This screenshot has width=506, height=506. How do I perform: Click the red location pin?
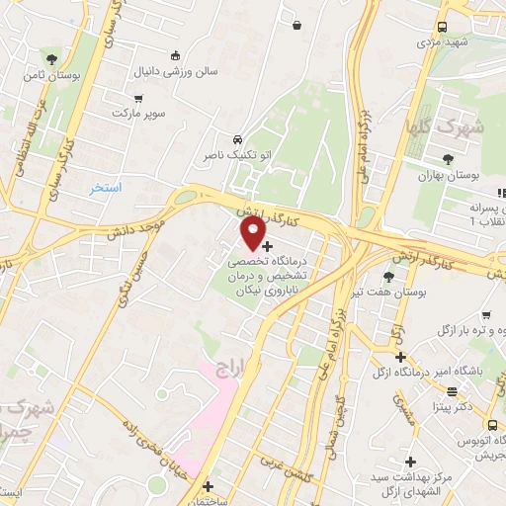pyautogui.click(x=254, y=232)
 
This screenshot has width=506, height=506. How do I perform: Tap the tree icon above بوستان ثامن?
pyautogui.click(x=51, y=59)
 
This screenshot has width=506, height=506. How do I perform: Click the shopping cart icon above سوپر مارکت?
pyautogui.click(x=137, y=98)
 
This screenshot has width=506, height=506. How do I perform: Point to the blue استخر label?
pyautogui.click(x=105, y=187)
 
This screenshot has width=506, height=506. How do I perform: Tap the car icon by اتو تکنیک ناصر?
pyautogui.click(x=237, y=140)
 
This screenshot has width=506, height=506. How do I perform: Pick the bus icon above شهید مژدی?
pyautogui.click(x=441, y=27)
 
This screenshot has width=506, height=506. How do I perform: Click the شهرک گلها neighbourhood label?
pyautogui.click(x=431, y=127)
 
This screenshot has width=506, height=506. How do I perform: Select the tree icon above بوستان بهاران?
pyautogui.click(x=448, y=158)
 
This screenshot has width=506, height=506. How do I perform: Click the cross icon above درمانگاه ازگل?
pyautogui.click(x=399, y=356)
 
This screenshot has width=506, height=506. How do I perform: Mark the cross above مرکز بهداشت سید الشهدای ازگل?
pyautogui.click(x=410, y=462)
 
